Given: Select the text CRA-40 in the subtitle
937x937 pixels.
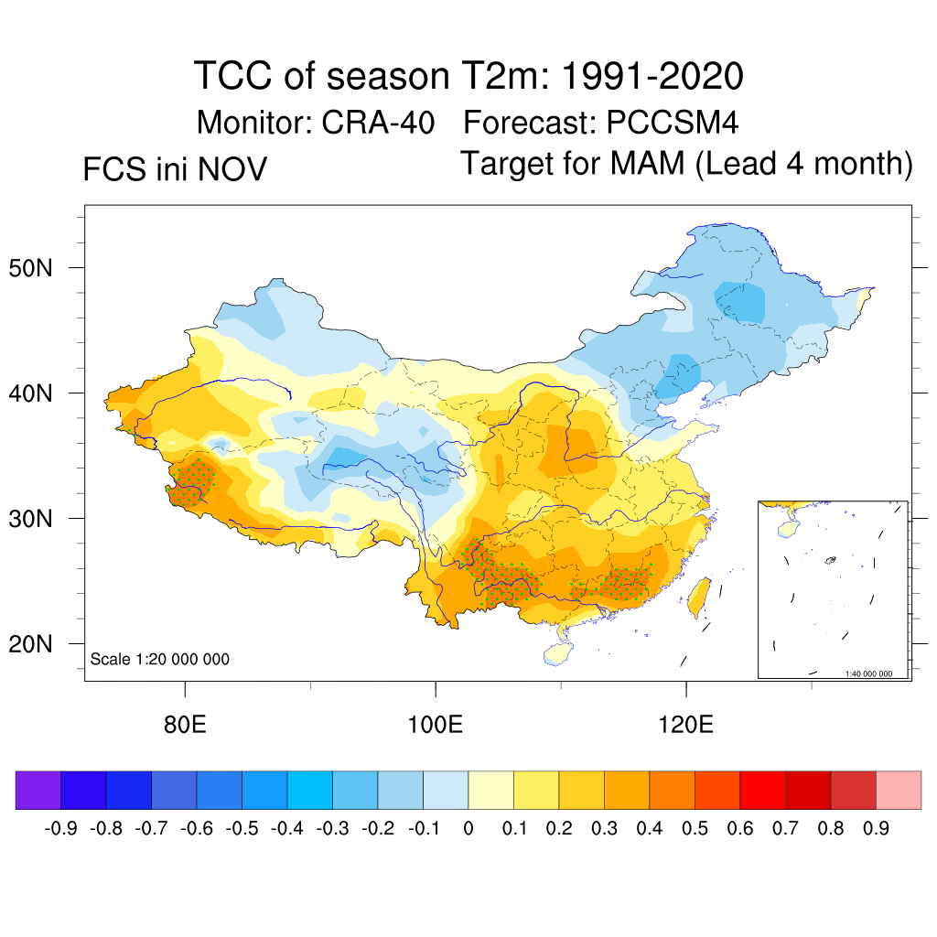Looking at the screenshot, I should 378,122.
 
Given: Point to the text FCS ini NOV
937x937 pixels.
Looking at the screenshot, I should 175,169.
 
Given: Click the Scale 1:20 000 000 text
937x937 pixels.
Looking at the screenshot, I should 160,659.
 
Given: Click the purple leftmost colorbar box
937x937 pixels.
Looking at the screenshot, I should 38,790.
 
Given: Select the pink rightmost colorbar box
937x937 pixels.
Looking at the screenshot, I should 899,790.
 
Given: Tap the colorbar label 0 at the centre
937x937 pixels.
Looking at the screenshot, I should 468,829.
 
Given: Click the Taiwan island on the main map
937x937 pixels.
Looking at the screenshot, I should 699,595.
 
